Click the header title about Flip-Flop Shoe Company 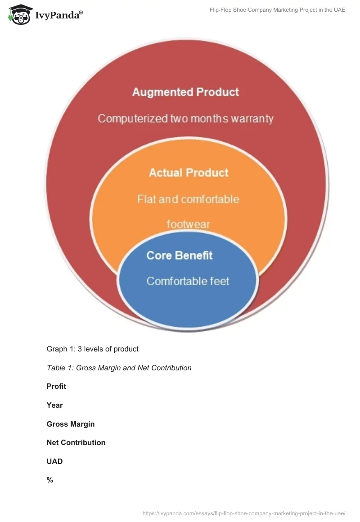click(277, 10)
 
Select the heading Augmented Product click(185, 92)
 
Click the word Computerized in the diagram click(133, 118)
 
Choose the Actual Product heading click(189, 173)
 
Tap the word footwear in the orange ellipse click(188, 224)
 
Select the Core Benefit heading click(180, 256)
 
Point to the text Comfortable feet click(188, 281)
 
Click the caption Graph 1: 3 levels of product click(93, 349)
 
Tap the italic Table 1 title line click(119, 368)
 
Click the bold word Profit click(56, 386)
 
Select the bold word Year click(54, 405)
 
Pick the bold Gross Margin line click(71, 424)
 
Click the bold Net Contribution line click(76, 442)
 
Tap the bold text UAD click(54, 461)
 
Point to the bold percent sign click(49, 480)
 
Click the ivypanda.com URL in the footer click(243, 513)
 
